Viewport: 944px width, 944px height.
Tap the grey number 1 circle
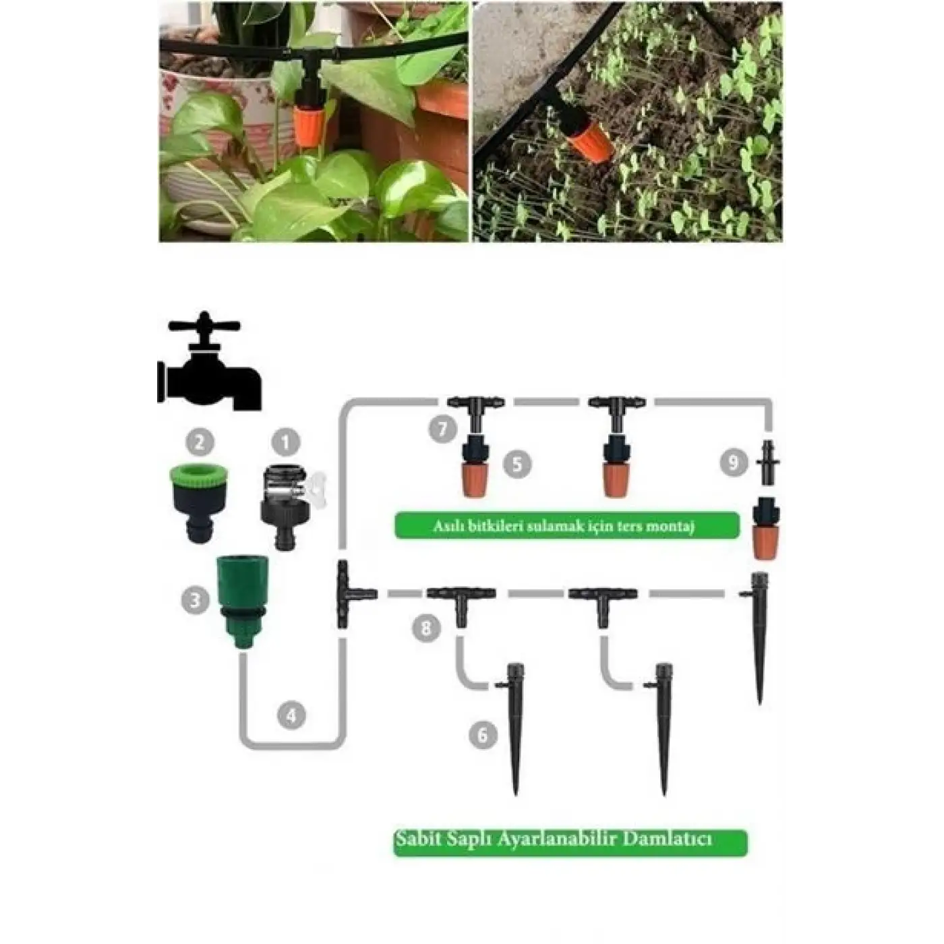pos(286,443)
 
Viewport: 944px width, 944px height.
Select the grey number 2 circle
pos(200,443)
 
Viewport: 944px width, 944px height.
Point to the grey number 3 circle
pos(196,599)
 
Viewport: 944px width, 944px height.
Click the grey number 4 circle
pos(291,715)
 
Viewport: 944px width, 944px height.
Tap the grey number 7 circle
pos(443,430)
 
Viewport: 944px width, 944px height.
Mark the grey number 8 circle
pos(425,628)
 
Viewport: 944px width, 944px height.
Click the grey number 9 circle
pos(734,462)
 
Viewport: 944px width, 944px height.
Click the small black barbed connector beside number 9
pos(769,463)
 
